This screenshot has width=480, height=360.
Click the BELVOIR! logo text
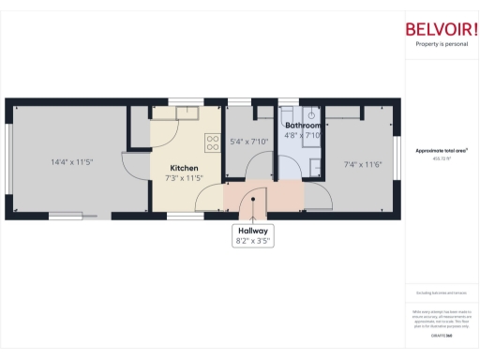[441, 28]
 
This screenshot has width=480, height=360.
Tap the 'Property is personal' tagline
[441, 44]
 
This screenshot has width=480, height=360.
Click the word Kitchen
[184, 168]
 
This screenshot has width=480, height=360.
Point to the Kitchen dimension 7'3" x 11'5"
[184, 177]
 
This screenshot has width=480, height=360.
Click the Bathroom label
[304, 126]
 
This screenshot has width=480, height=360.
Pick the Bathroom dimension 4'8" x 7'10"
[304, 135]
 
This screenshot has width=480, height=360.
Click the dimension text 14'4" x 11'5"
[71, 162]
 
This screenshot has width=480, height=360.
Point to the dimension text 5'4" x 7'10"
[249, 142]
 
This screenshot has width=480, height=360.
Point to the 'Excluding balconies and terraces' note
[441, 294]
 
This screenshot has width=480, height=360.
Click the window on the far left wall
[8, 159]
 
